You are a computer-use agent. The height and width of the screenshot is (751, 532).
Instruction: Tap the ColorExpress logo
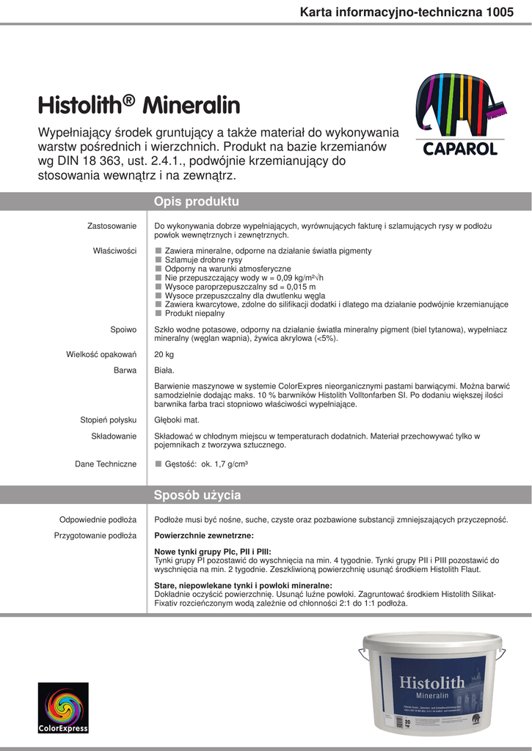click(64, 707)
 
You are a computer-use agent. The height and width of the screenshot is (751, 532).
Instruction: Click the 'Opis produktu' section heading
click(196, 202)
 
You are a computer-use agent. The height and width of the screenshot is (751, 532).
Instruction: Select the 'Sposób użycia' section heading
click(197, 495)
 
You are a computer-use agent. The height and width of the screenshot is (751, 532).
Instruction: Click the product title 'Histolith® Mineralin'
click(139, 106)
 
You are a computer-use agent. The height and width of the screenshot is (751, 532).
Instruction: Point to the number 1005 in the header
click(500, 12)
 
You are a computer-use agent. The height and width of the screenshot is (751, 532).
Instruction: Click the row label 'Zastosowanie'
click(112, 226)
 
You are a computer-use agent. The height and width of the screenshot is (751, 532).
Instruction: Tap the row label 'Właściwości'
click(114, 251)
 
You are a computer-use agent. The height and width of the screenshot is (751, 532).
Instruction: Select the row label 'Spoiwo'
click(123, 330)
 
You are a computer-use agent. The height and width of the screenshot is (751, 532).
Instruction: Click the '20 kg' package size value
click(164, 355)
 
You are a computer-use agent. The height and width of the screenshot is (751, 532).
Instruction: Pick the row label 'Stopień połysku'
click(108, 420)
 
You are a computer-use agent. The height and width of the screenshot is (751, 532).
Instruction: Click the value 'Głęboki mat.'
click(177, 420)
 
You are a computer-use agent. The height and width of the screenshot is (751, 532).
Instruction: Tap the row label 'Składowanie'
click(114, 436)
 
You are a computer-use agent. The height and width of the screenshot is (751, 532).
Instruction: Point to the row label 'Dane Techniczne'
click(106, 464)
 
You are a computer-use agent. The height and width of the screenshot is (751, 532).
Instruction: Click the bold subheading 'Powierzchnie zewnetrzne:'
click(204, 535)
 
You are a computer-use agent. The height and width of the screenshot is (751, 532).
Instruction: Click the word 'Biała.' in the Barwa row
click(164, 370)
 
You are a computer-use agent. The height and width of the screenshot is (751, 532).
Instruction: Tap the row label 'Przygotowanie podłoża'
click(95, 535)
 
